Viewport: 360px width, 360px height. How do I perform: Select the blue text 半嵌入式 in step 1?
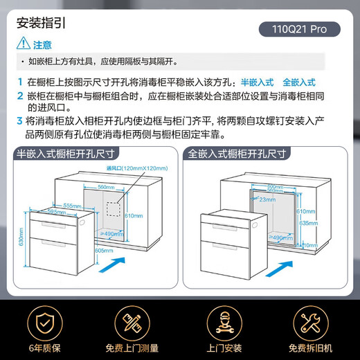(257, 82)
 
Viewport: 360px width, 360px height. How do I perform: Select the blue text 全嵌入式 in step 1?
(299, 82)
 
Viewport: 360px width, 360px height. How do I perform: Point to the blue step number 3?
(19, 120)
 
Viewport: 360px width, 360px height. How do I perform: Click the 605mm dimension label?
(105, 251)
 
